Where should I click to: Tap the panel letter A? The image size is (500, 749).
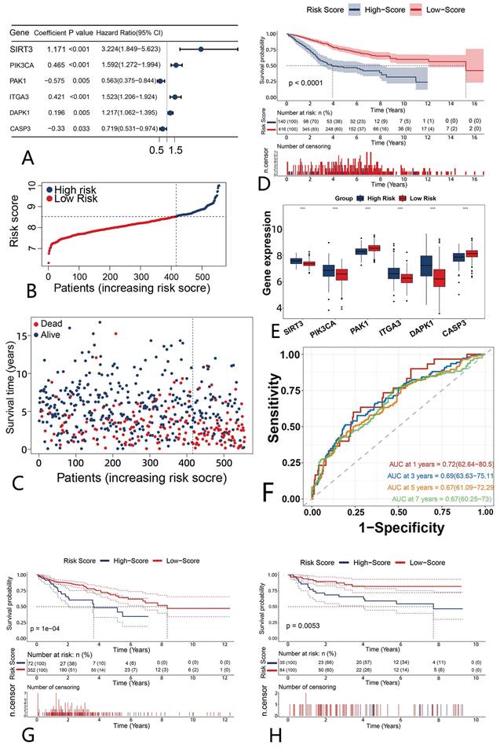[29, 159]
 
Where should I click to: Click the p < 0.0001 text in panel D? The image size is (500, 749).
[310, 82]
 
